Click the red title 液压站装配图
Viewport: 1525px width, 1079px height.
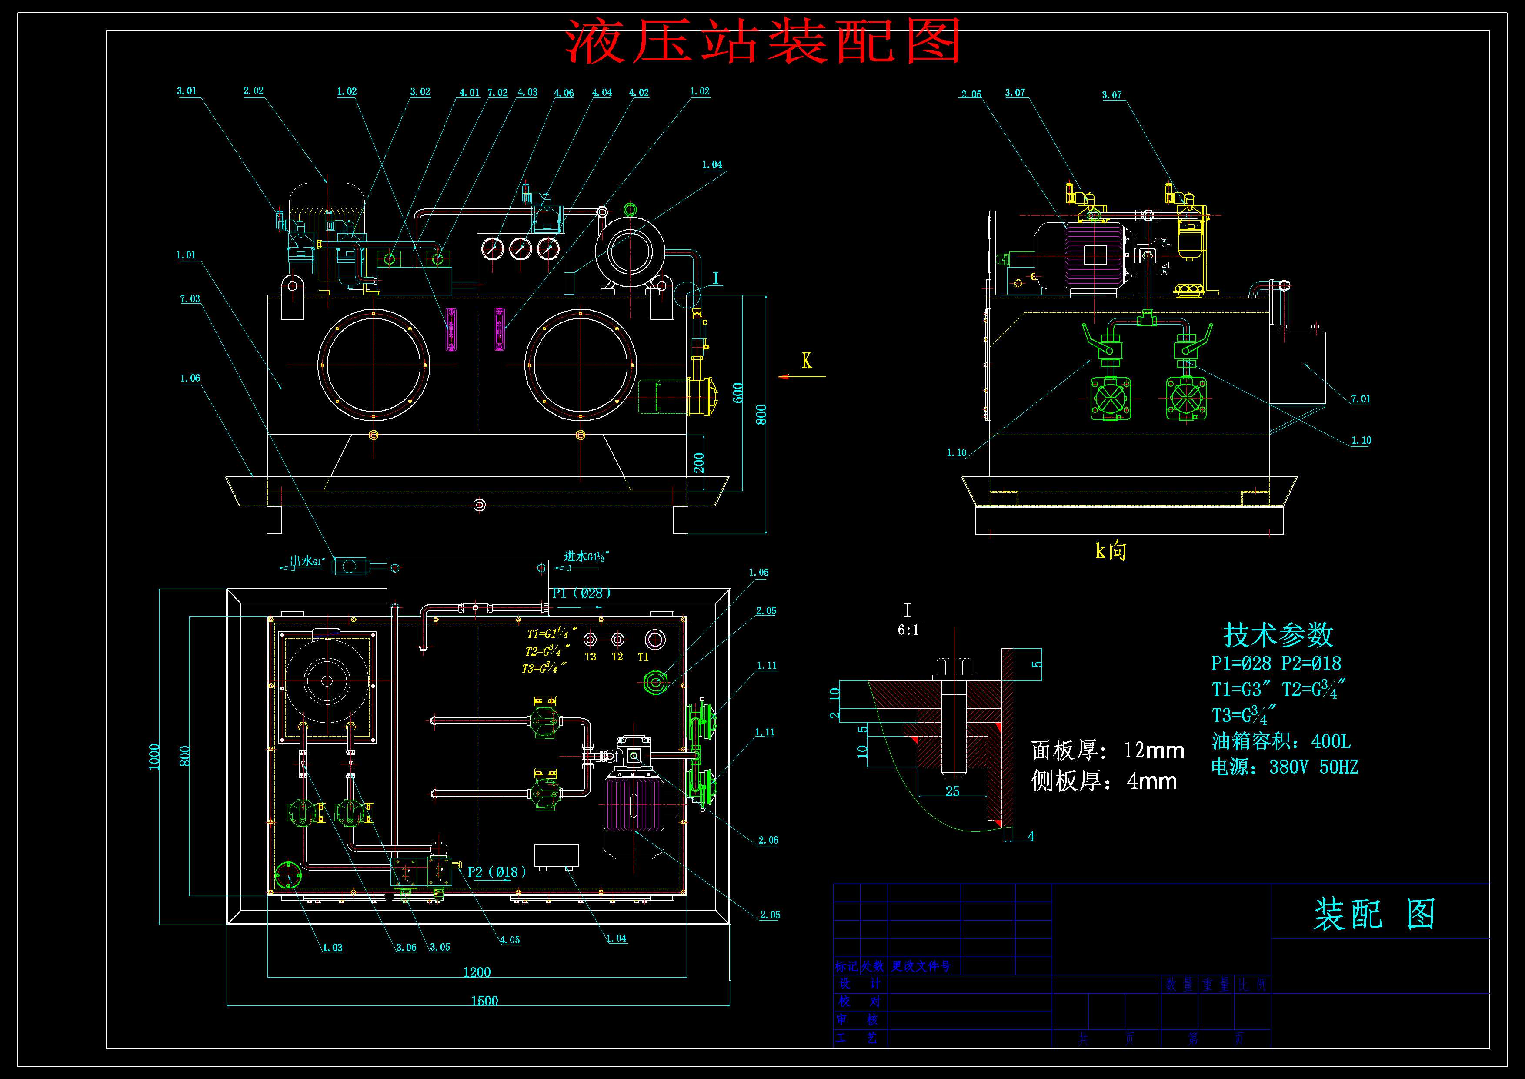pos(763,41)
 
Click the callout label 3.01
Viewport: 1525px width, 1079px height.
pos(187,91)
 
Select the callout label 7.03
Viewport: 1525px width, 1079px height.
pos(190,299)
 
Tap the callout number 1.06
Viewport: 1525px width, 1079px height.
pos(190,379)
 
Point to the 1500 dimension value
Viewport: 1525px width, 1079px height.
pos(484,1001)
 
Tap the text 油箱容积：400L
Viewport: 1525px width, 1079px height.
pos(1281,741)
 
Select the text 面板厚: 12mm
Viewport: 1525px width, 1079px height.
pos(1107,750)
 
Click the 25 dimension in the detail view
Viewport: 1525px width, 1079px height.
pos(952,791)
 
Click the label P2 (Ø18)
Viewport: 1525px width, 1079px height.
pos(497,872)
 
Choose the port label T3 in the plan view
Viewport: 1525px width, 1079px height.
pos(591,657)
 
